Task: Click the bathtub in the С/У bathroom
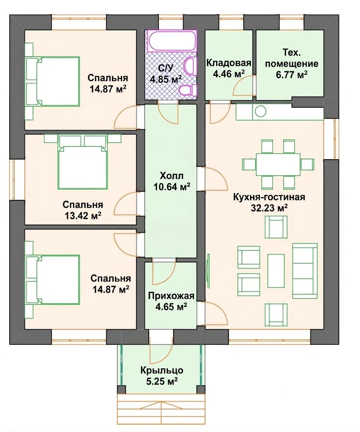pyautogui.click(x=172, y=41)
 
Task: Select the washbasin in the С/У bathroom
pyautogui.click(x=190, y=66)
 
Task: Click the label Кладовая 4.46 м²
pyautogui.click(x=229, y=69)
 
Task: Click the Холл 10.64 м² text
pyautogui.click(x=172, y=181)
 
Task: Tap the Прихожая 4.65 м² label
pyautogui.click(x=171, y=301)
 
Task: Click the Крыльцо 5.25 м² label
pyautogui.click(x=162, y=376)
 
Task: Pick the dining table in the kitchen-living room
pyautogui.click(x=278, y=164)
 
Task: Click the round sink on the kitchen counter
pyautogui.click(x=260, y=111)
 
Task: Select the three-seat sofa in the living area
pyautogui.click(x=305, y=271)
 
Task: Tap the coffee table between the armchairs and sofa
pyautogui.click(x=276, y=271)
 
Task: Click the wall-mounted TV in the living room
pyautogui.click(x=208, y=267)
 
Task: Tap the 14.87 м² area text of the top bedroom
pyautogui.click(x=108, y=89)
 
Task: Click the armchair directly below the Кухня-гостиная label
pyautogui.click(x=276, y=227)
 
